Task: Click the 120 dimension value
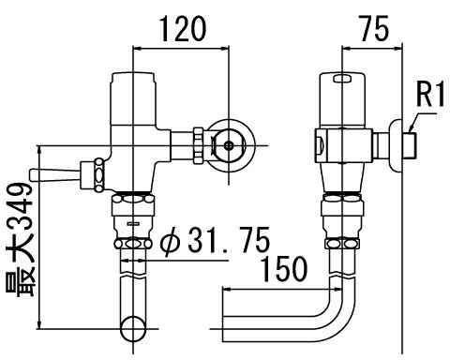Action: pos(183,29)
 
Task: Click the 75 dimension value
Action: pos(374,29)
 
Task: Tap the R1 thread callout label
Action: pos(430,94)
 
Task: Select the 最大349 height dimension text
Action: pos(21,239)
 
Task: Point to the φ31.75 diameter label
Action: pos(215,240)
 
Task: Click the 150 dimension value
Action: pos(284,269)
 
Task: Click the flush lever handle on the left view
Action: pos(55,175)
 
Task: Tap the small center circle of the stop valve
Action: pos(230,145)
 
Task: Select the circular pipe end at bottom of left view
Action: pos(133,328)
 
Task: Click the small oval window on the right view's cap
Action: pos(342,79)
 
